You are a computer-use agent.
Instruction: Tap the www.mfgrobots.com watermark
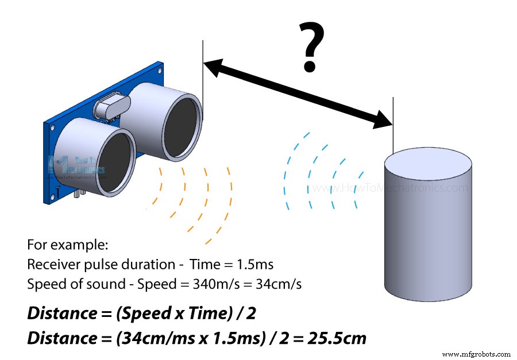click(x=476, y=354)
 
